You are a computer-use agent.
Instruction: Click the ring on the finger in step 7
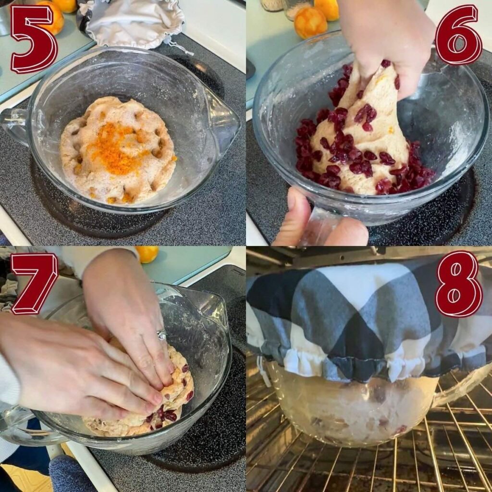(162, 335)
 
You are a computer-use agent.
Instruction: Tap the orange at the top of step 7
(148, 253)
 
